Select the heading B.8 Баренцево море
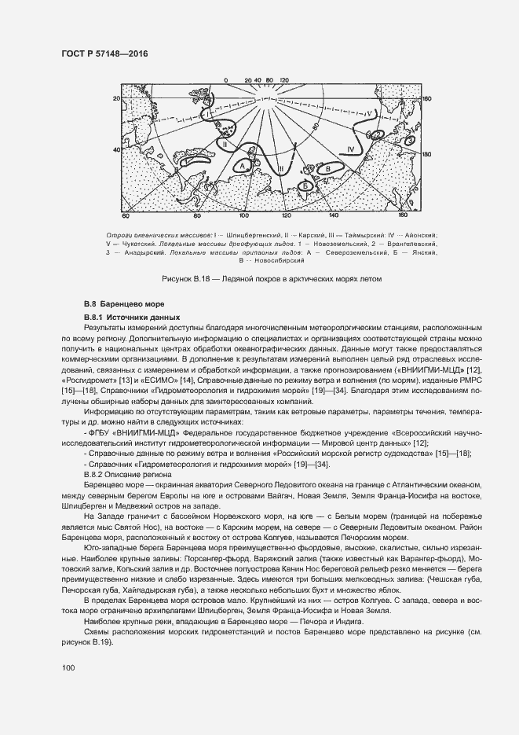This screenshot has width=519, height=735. [x=124, y=303]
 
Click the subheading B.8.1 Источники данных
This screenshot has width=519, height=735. [x=133, y=316]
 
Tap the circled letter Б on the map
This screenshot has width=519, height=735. [x=304, y=186]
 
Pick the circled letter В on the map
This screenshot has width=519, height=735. [x=322, y=167]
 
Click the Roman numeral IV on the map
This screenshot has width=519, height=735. [x=351, y=148]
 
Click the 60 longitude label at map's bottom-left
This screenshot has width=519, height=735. [x=125, y=215]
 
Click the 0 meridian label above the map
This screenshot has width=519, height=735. [x=225, y=79]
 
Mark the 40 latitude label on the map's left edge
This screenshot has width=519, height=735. [x=116, y=149]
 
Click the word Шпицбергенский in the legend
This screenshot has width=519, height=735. [x=259, y=235]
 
